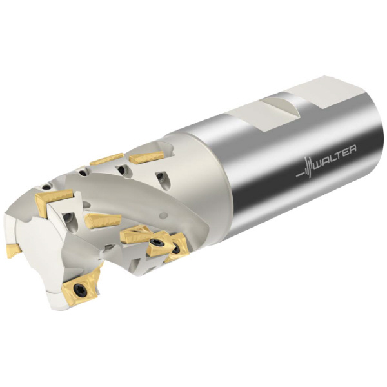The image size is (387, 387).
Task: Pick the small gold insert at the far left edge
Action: coord(14,250)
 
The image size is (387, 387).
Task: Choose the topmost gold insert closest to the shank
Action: coord(146,157)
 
